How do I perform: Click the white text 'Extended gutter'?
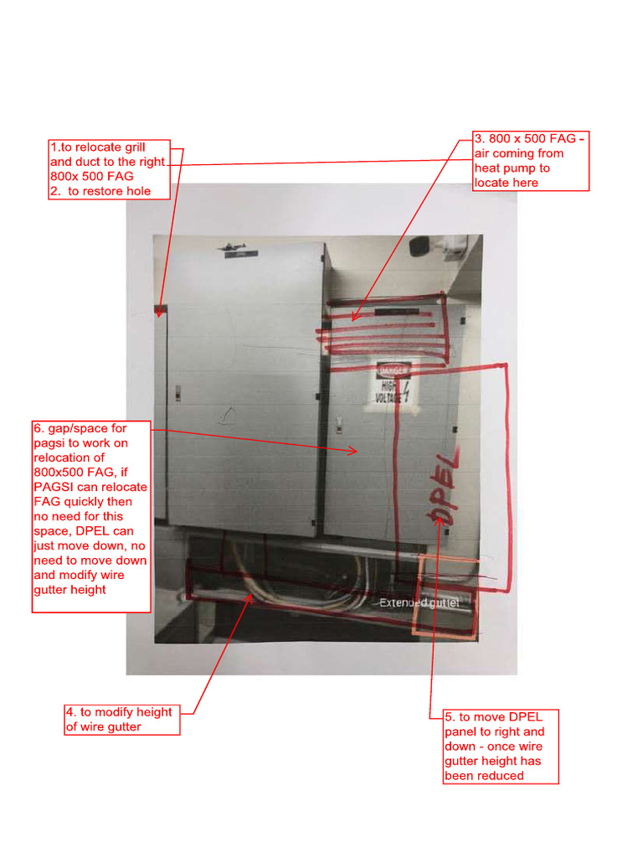click(x=419, y=602)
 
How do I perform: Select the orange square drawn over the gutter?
click(x=446, y=596)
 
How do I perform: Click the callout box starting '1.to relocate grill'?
click(x=110, y=169)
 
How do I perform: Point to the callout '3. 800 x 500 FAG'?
click(x=531, y=161)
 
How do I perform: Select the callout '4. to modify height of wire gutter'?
click(x=122, y=720)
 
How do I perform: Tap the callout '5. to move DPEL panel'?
click(x=501, y=746)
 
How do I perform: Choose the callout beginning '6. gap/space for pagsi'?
click(x=91, y=517)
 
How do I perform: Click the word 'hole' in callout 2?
click(x=136, y=191)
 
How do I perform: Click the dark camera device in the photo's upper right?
click(x=419, y=245)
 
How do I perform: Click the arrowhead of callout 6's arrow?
click(x=358, y=451)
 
